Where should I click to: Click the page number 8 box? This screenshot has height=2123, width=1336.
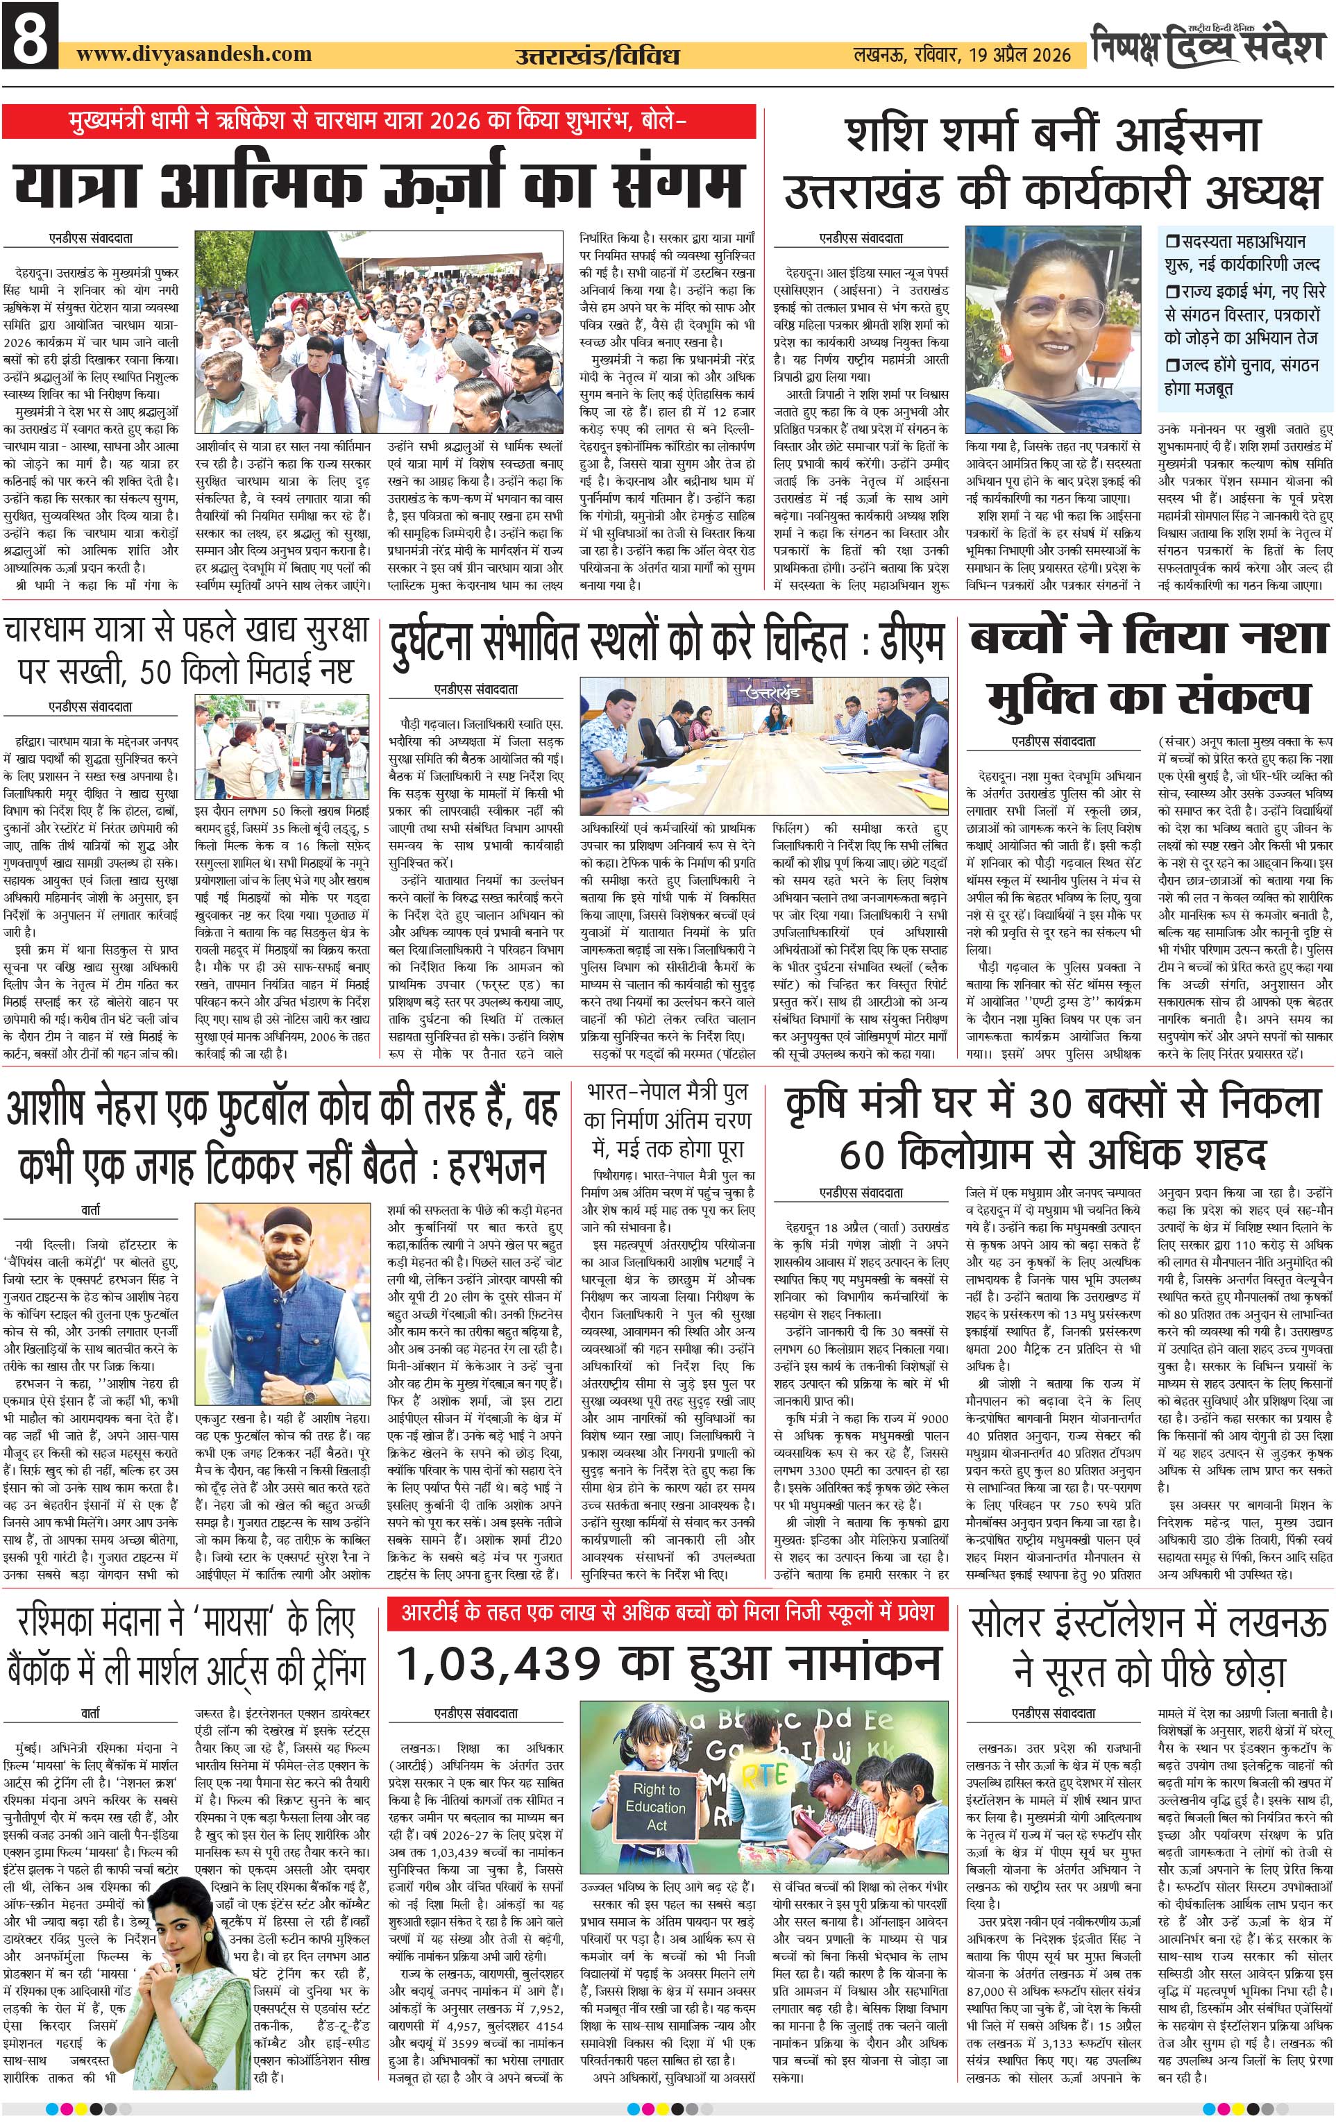31,36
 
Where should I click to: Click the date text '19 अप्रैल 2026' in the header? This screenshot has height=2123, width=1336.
1020,55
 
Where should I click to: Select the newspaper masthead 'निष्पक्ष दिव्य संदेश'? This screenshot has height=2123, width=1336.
1208,46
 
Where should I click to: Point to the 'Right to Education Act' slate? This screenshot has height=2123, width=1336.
656,1806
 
